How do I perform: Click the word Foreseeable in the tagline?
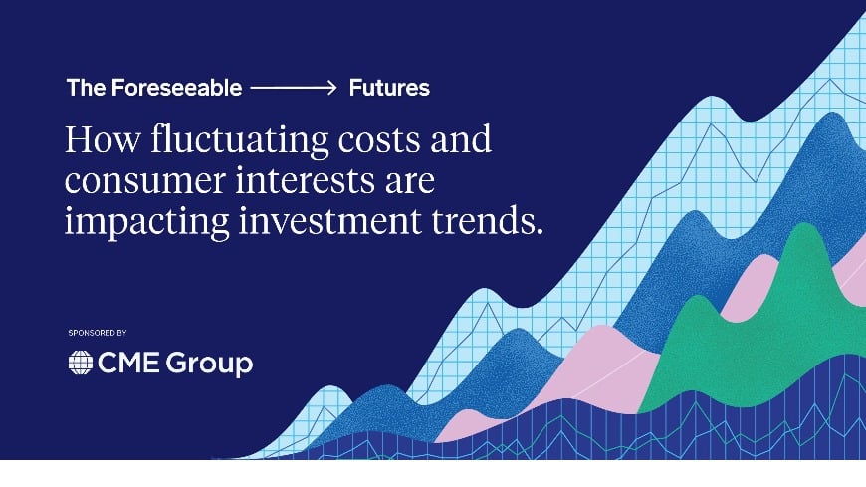pyautogui.click(x=177, y=88)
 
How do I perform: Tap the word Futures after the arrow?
pyautogui.click(x=389, y=88)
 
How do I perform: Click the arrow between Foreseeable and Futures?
pyautogui.click(x=294, y=88)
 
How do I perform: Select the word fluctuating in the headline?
pyautogui.click(x=240, y=140)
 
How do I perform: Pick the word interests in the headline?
pyautogui.click(x=305, y=179)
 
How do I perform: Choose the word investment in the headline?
pyautogui.click(x=330, y=220)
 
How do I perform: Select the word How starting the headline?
pyautogui.click(x=103, y=139)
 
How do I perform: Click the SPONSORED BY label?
pyautogui.click(x=98, y=333)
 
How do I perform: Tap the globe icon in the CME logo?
pyautogui.click(x=80, y=363)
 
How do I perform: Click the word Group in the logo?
pyautogui.click(x=209, y=365)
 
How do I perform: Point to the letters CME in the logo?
pyautogui.click(x=129, y=363)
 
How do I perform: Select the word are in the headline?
pyautogui.click(x=410, y=183)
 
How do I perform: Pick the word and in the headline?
pyautogui.click(x=461, y=139)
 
